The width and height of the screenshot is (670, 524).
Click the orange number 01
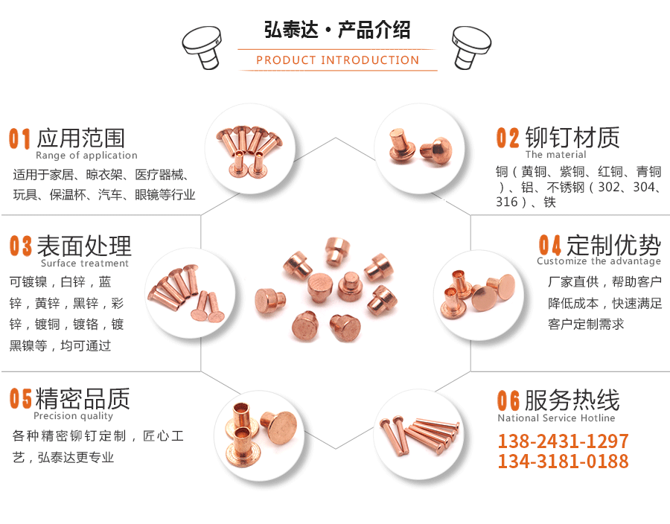[x=20, y=138]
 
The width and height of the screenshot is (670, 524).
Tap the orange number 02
[x=508, y=138]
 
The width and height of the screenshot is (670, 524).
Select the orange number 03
[x=21, y=246]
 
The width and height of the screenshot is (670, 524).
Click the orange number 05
[x=21, y=399]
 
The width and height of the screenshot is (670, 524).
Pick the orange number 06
[x=508, y=400]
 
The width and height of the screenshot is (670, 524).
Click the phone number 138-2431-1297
[x=563, y=441]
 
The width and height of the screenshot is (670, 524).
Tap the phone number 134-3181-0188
[x=563, y=461]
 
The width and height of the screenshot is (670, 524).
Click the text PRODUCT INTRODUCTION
[x=337, y=60]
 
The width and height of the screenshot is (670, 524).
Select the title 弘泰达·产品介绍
[x=337, y=31]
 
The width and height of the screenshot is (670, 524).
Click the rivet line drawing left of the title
[x=202, y=45]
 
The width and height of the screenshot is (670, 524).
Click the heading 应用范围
[x=80, y=138]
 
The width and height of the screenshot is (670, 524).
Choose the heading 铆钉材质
[x=572, y=138]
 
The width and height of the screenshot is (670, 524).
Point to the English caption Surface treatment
[x=85, y=263]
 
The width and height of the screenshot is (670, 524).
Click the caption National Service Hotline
[x=556, y=418]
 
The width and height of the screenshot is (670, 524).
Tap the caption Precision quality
[x=73, y=416]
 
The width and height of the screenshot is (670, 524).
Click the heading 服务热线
[x=572, y=400]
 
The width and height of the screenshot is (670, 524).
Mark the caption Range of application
[x=86, y=156]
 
